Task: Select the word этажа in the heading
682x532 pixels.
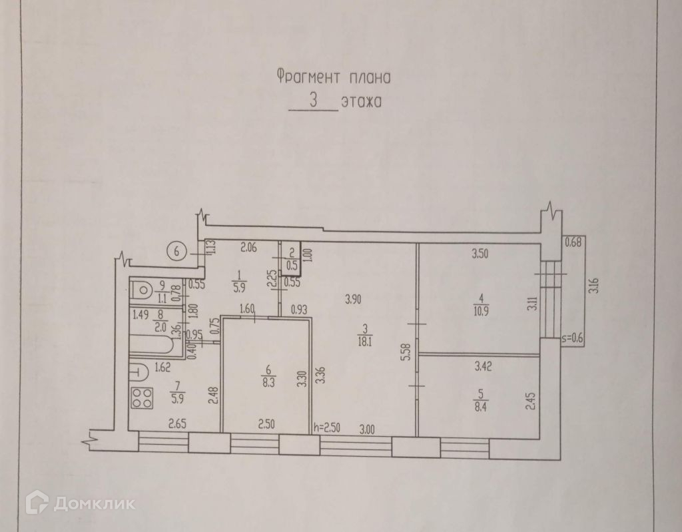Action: [360, 104]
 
